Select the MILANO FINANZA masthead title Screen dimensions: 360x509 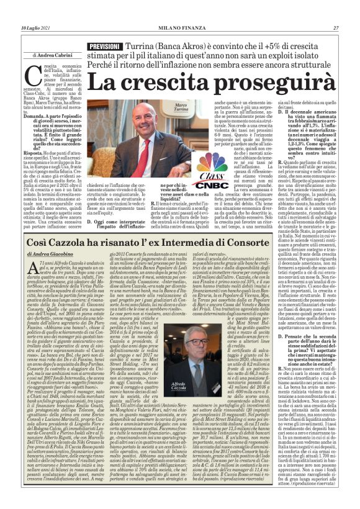click(179, 11)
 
